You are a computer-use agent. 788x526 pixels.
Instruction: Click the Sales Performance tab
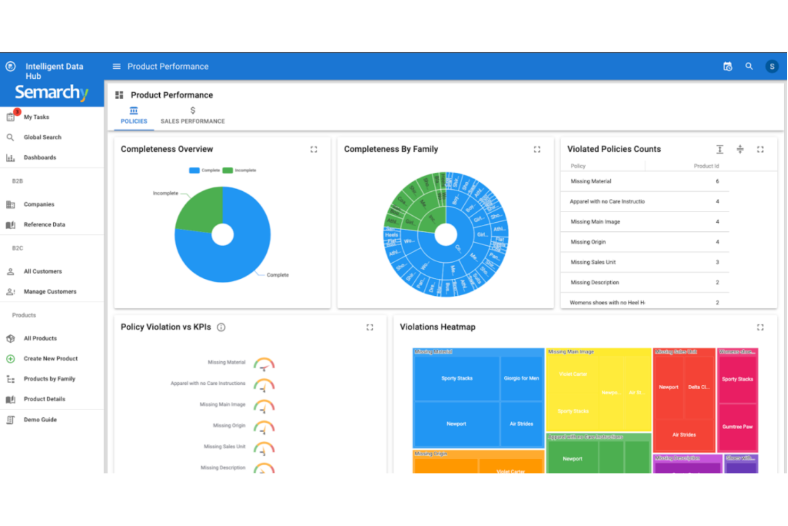pos(192,116)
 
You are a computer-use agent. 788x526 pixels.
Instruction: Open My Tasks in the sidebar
pos(36,117)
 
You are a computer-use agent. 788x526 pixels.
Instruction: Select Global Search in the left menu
pos(42,137)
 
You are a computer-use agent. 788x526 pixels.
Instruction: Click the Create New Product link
pos(51,359)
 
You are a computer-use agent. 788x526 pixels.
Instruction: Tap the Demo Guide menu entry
pos(40,420)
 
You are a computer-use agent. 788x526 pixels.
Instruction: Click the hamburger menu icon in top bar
pos(117,67)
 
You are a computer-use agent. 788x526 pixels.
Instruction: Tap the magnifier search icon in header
pos(749,67)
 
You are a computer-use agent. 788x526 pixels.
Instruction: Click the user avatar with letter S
pos(771,67)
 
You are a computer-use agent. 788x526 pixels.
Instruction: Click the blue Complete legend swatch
pos(194,171)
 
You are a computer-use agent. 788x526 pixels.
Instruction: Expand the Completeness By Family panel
pos(537,150)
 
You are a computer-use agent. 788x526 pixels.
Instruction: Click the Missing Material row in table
pos(591,182)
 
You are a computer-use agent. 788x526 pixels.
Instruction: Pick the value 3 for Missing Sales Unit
pos(717,262)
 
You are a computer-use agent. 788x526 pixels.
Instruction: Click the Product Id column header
pos(706,166)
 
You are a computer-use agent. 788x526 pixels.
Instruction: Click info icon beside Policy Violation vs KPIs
pos(221,327)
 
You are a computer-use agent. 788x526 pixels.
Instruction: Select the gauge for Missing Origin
pos(264,427)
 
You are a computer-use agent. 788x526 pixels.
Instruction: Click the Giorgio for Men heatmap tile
pos(521,378)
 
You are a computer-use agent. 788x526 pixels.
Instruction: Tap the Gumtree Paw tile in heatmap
pos(737,427)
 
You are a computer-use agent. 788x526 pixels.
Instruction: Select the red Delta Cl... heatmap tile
pos(699,387)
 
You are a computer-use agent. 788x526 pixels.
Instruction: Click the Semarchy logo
pos(52,93)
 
